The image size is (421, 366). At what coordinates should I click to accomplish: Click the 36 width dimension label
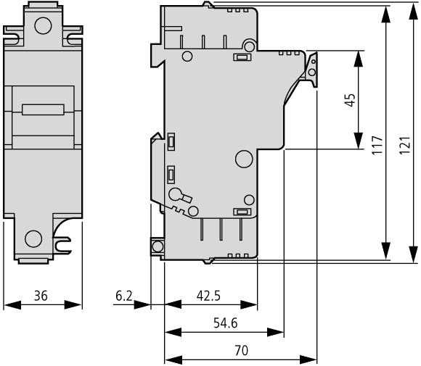coord(41,296)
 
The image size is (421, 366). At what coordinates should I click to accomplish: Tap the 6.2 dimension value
coord(124,296)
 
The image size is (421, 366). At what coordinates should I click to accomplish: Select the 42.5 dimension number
coord(208,296)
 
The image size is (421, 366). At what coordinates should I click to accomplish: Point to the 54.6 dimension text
coord(226,323)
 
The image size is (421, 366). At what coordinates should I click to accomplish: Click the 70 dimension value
coord(242,351)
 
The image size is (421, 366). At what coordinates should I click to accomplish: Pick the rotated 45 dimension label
coord(350,100)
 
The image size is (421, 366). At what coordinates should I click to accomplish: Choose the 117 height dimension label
coord(377,145)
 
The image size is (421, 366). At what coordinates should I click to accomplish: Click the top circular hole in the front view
coord(43,26)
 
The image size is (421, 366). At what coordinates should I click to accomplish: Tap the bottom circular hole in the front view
coord(33,238)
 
